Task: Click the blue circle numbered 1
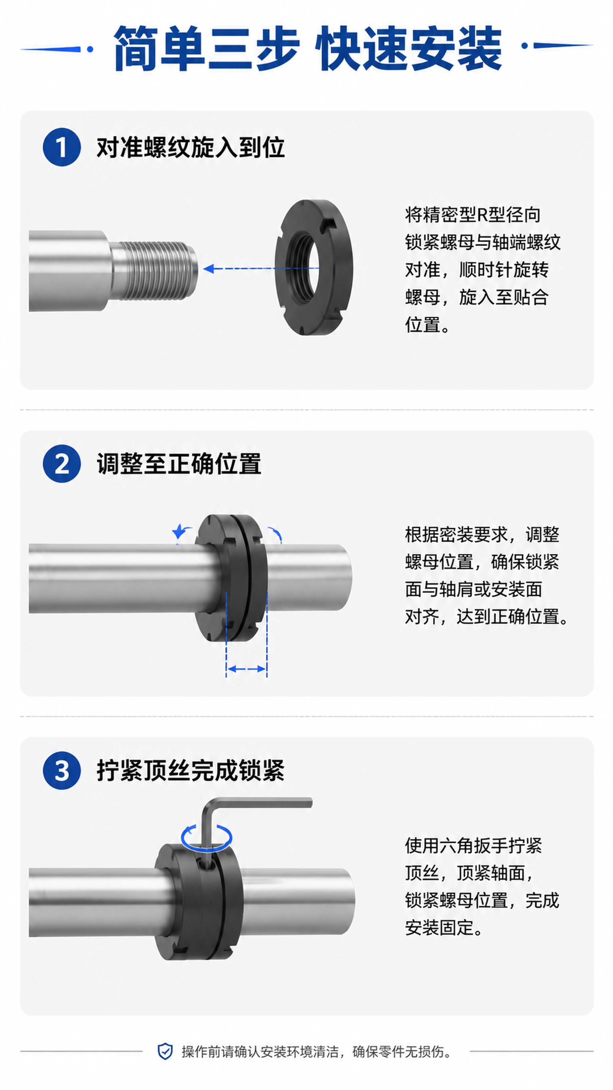pos(62,147)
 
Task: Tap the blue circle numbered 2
pos(62,464)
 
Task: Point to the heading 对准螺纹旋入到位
pos(190,148)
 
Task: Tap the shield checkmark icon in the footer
pos(165,1051)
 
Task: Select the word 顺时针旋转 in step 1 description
pos(504,270)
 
